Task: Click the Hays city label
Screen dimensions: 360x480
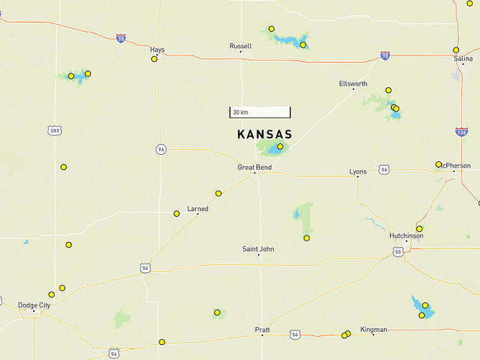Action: (x=157, y=50)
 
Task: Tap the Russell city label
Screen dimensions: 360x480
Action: (x=241, y=46)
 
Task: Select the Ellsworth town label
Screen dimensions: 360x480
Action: (x=353, y=84)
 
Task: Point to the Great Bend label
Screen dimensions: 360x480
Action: (x=254, y=168)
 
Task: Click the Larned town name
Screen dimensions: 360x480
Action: (x=197, y=209)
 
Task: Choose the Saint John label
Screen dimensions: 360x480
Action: (x=258, y=249)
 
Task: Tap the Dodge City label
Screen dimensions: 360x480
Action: (x=35, y=305)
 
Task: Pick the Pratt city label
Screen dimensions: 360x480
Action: (x=262, y=330)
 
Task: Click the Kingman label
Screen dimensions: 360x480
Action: (x=373, y=330)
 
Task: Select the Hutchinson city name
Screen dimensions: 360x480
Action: (x=406, y=235)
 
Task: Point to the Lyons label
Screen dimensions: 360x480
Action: (x=357, y=171)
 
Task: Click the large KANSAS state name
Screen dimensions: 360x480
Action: (x=265, y=135)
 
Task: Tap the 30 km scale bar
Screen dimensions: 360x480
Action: (x=260, y=112)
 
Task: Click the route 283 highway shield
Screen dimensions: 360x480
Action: (x=55, y=130)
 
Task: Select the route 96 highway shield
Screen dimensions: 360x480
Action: (x=161, y=149)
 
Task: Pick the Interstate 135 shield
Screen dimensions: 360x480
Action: (x=461, y=132)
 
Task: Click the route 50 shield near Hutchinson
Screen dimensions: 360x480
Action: (x=398, y=251)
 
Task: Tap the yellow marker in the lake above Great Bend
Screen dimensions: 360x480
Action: (x=280, y=147)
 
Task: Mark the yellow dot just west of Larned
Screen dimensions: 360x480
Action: (x=177, y=214)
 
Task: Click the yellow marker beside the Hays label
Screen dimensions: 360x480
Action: (x=154, y=59)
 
